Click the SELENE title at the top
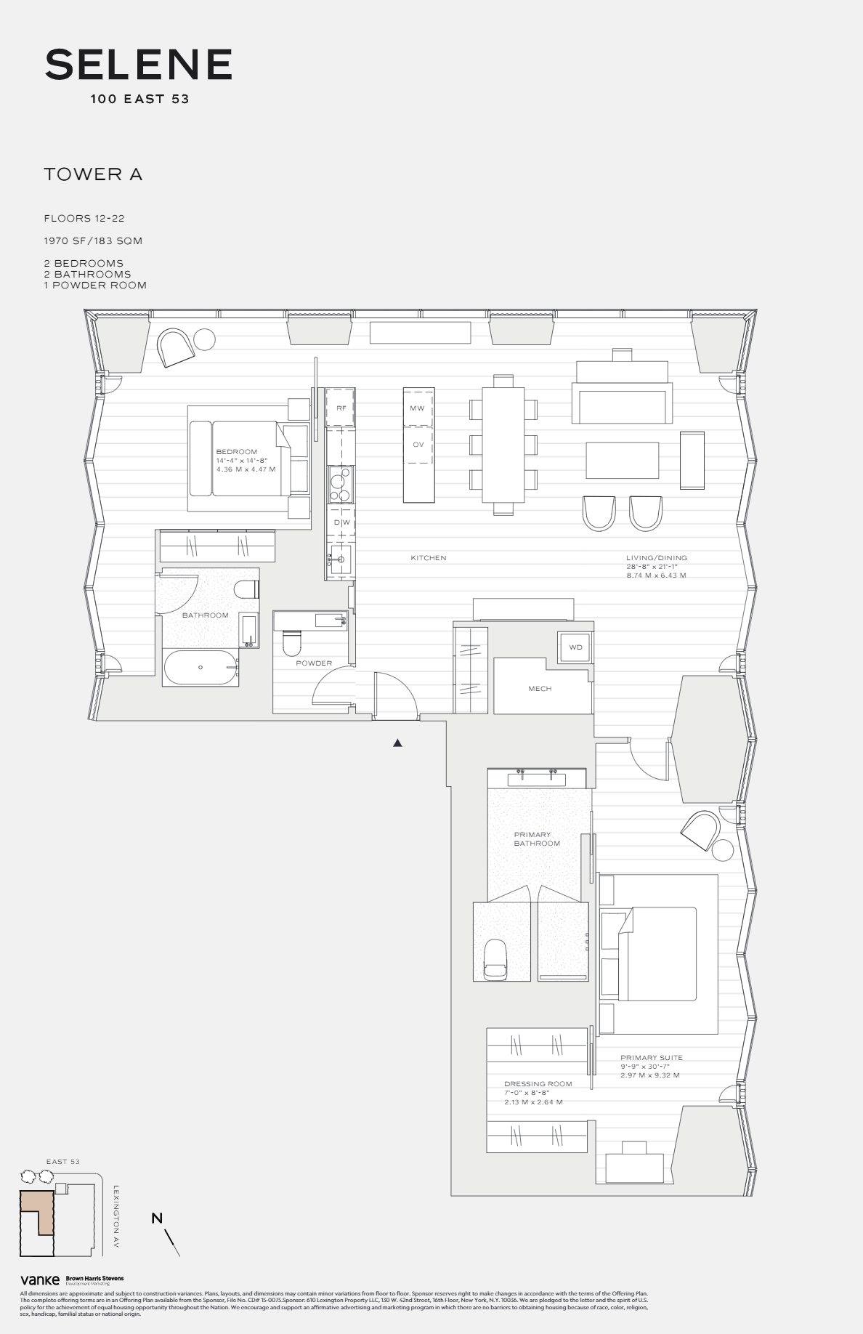click(138, 65)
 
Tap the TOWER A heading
click(93, 174)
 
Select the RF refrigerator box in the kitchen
click(341, 408)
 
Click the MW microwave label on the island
click(417, 408)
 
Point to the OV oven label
click(418, 444)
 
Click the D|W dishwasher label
click(341, 522)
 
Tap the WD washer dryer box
click(575, 647)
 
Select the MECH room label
click(540, 688)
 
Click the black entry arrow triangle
click(397, 743)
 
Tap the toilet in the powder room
click(292, 644)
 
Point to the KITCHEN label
click(428, 558)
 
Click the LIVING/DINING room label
click(656, 558)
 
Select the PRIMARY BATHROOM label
click(537, 839)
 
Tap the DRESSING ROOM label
click(538, 1083)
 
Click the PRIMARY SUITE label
click(651, 1058)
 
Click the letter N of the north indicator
click(157, 1218)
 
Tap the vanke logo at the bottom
click(39, 1280)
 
